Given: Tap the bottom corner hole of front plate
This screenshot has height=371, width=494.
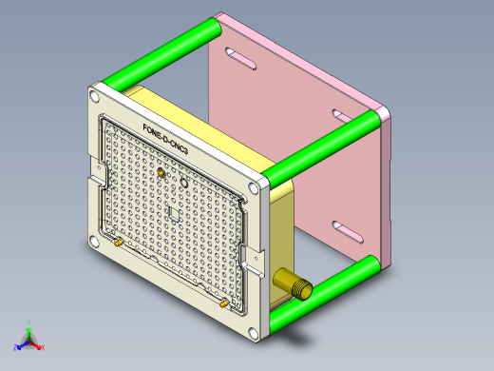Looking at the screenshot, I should coord(256,333).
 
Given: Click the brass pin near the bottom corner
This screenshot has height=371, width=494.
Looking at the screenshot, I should coord(222,303).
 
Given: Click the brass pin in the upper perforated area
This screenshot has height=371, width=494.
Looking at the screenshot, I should coord(161,174).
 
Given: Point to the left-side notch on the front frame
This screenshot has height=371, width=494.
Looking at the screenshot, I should coord(98,172).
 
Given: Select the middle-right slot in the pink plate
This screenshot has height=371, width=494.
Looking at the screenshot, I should coord(343,116).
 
